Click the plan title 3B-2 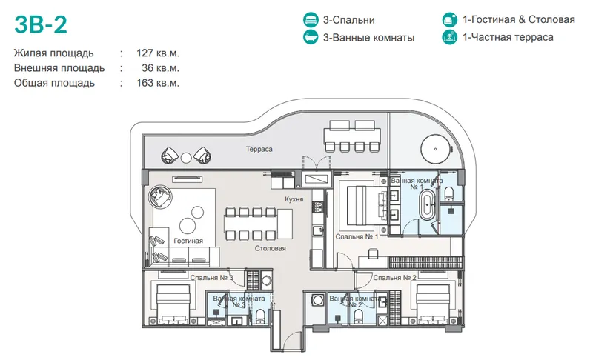coord(41,24)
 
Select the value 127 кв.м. coord(158,53)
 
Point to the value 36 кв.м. coord(160,68)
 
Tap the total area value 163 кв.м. coord(158,83)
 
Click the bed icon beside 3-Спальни coord(311,20)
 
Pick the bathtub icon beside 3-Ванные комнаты coord(311,37)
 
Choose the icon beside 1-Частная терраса coord(450,37)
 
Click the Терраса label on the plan coord(259,149)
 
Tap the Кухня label coord(294,199)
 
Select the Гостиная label coord(188,241)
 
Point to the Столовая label coord(270,248)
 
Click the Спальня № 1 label coord(357,236)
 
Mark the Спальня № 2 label coord(394,277)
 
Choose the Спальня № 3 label coord(212,278)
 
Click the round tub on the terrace coord(436,149)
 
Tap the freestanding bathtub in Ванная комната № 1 coord(428,205)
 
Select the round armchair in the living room coord(160,196)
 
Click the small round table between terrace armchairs coord(186,158)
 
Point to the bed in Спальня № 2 coord(433,304)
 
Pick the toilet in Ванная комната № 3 coord(261,316)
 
